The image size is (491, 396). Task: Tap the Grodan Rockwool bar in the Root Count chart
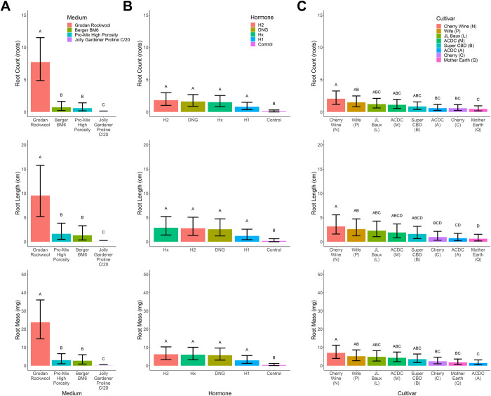tap(40, 87)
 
